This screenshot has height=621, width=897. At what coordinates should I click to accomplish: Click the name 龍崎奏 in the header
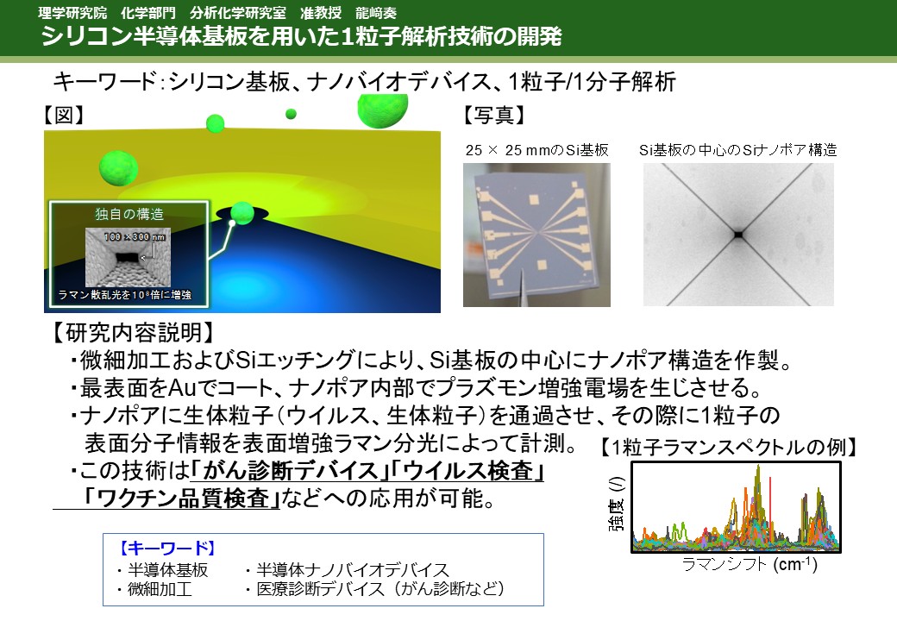(375, 13)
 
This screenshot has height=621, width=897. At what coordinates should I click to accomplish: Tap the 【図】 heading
(64, 115)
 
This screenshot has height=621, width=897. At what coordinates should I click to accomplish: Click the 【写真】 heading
(493, 115)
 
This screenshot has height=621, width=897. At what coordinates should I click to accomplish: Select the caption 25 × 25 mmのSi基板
(536, 150)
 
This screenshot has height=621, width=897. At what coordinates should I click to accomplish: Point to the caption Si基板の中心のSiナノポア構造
(738, 150)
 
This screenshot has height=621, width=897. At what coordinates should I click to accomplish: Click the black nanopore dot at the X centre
(738, 235)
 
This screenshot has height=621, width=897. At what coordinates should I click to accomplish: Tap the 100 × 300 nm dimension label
(135, 236)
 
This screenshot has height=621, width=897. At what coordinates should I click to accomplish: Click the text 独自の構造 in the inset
(129, 214)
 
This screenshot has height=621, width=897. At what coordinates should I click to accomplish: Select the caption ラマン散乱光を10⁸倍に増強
(125, 294)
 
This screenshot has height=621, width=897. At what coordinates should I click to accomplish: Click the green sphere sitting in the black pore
(242, 212)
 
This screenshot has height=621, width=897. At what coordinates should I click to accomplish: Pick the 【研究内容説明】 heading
(135, 332)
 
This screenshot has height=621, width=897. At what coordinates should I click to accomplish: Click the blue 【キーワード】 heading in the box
(167, 549)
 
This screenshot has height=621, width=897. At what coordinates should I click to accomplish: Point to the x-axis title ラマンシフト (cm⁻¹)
(750, 565)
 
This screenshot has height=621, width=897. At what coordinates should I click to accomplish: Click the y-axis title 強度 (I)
(617, 505)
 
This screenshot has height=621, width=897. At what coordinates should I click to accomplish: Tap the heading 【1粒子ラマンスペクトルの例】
(728, 447)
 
